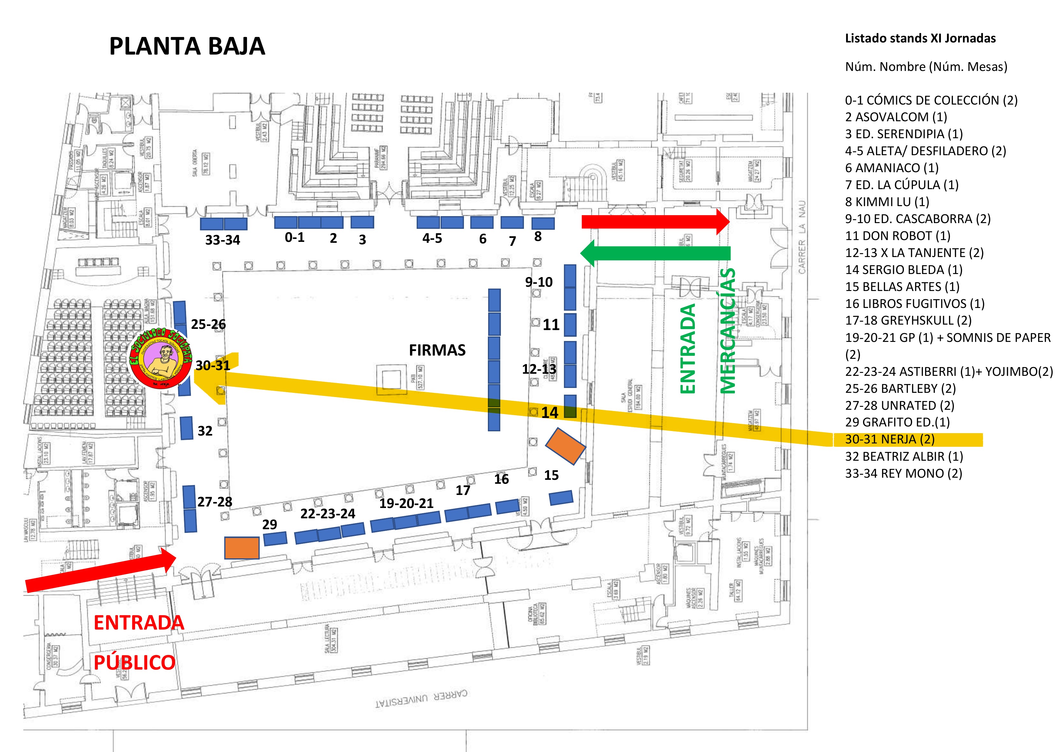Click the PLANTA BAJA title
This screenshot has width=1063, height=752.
(187, 46)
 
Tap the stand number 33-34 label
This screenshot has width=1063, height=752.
(223, 240)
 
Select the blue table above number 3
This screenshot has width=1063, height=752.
(362, 222)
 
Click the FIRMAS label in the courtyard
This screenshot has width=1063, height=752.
(437, 350)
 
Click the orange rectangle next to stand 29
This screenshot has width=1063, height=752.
(242, 548)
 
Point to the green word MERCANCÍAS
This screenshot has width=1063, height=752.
(728, 331)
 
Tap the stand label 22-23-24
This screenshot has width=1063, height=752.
(328, 513)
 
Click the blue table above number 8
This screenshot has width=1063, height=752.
(543, 223)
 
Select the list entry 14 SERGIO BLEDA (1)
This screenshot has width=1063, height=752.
(904, 269)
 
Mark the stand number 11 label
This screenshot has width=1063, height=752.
(551, 325)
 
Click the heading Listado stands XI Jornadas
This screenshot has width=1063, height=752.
(920, 38)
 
